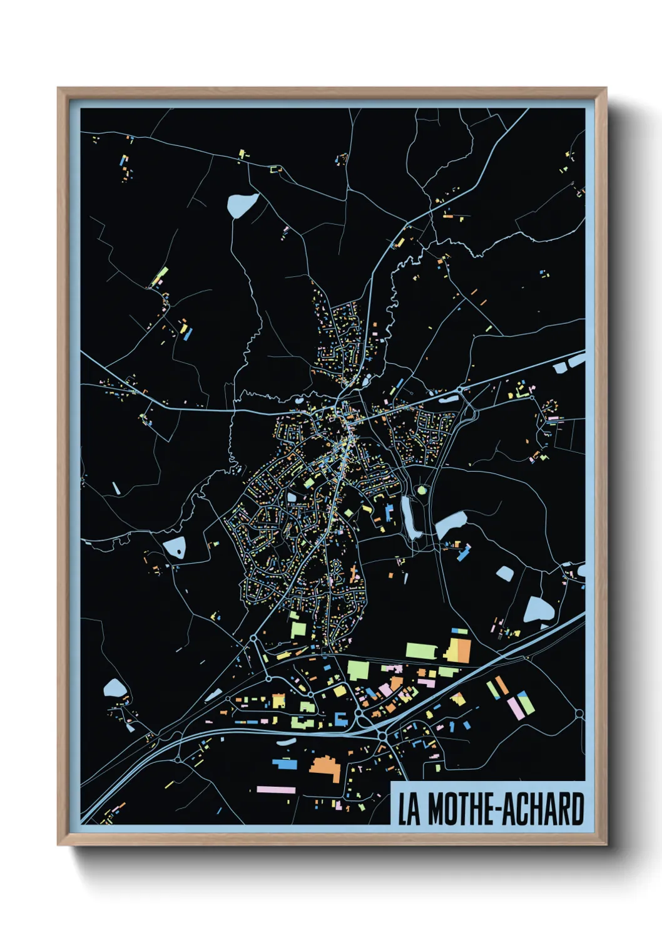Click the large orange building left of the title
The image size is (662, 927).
pyautogui.click(x=326, y=767)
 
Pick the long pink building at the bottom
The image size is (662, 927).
pyautogui.click(x=276, y=790)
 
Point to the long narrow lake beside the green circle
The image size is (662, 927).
pyautogui.click(x=410, y=518)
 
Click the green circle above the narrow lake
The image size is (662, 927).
pyautogui.click(x=422, y=490)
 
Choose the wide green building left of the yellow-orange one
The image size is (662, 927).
pyautogui.click(x=420, y=650)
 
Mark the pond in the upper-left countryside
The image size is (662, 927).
pyautogui.click(x=242, y=204)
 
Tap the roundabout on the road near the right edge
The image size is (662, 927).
pyautogui.click(x=579, y=713)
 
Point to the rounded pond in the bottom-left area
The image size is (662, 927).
pyautogui.click(x=115, y=688)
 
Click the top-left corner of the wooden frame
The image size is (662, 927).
pyautogui.click(x=59, y=89)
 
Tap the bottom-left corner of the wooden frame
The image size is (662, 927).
pyautogui.click(x=59, y=844)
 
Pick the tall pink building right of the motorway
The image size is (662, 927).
pyautogui.click(x=515, y=707)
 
